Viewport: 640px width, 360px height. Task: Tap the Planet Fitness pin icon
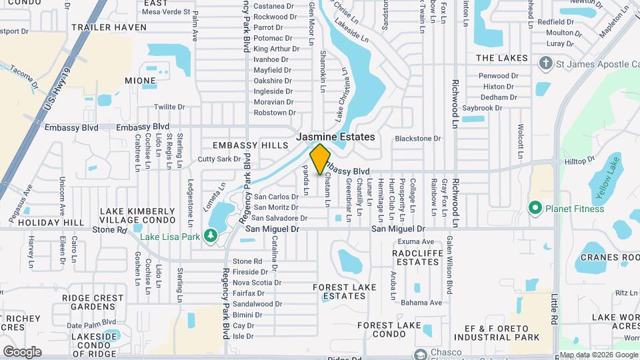click(x=535, y=209)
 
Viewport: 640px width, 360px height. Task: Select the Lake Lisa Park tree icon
click(x=211, y=235)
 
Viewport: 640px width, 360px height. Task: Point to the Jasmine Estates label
click(x=335, y=137)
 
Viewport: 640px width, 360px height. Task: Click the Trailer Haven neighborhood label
click(x=109, y=27)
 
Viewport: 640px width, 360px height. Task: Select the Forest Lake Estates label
click(x=340, y=291)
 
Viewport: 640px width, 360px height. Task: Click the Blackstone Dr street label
click(x=418, y=139)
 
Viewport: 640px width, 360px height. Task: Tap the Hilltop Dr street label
click(x=579, y=161)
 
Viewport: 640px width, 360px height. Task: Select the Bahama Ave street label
click(x=421, y=303)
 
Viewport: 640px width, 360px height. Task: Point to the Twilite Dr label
click(x=169, y=107)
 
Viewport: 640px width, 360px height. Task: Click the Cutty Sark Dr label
click(x=219, y=159)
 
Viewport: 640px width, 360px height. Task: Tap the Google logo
click(x=22, y=351)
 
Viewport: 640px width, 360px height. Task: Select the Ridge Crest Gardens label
click(x=93, y=302)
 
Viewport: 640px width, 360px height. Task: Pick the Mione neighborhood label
click(x=140, y=81)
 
